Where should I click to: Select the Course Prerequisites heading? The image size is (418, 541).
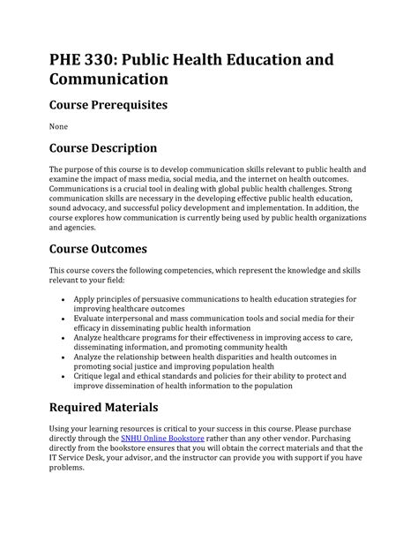coord(108,105)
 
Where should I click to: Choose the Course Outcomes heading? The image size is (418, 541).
coord(97,248)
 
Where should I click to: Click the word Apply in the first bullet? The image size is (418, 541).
coord(86,299)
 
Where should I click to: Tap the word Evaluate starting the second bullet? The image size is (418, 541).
coord(92,319)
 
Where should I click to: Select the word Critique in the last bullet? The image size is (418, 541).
coord(90,375)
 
